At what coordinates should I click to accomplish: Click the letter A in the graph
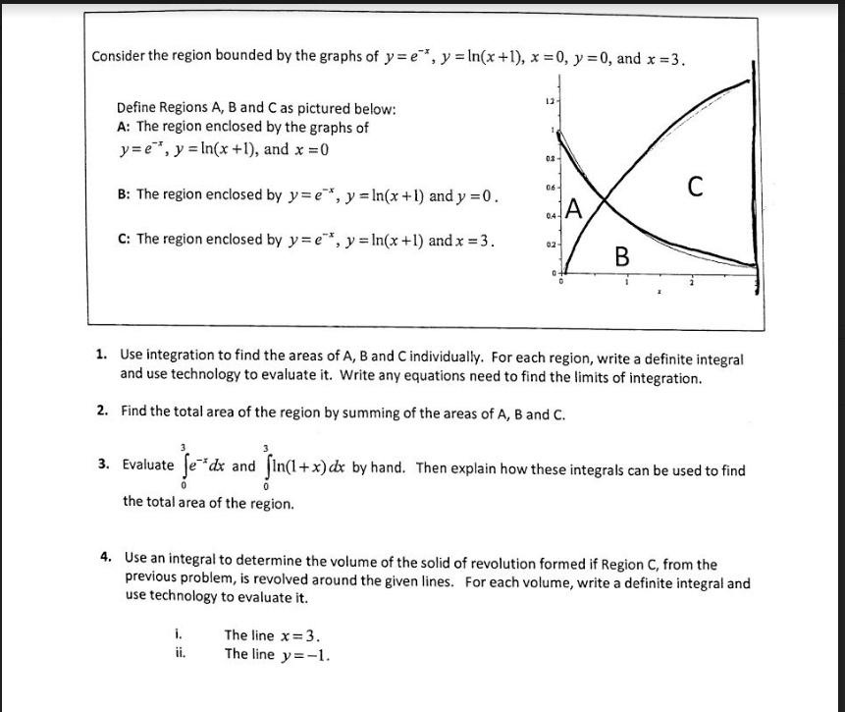point(575,208)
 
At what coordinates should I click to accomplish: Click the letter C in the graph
point(694,186)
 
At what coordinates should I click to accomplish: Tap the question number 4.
point(106,557)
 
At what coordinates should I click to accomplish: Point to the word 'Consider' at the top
point(120,56)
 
